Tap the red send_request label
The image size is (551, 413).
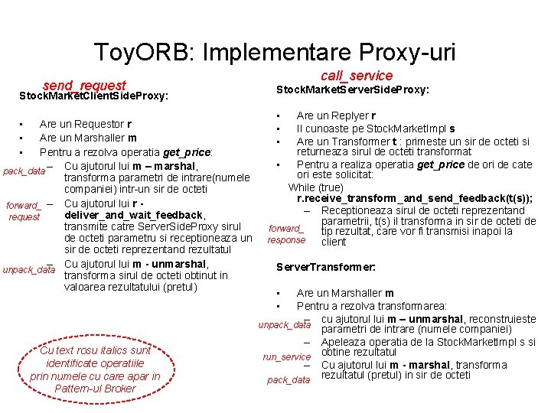[84, 85]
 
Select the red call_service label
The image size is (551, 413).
[356, 75]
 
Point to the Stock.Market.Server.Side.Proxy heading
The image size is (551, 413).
[352, 90]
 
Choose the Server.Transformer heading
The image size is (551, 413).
[326, 268]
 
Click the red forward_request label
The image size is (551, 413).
[24, 210]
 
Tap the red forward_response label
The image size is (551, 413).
[286, 234]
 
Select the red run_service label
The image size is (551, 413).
[287, 356]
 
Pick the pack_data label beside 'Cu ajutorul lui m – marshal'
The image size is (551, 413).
[24, 171]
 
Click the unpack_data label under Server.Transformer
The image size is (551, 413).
[285, 325]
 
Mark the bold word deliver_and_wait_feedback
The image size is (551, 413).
[134, 215]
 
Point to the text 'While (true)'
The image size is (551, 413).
[316, 187]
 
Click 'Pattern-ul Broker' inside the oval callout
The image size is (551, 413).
[95, 388]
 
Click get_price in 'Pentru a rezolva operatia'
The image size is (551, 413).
[187, 152]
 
